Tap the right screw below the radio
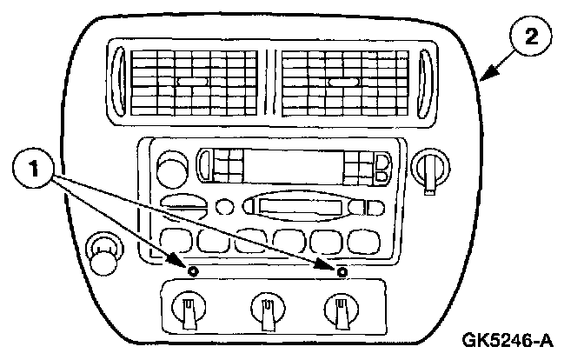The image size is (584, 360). [x=342, y=271]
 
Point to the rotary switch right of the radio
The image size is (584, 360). [x=430, y=165]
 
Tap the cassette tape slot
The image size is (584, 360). [x=299, y=206]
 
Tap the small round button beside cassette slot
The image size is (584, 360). [x=225, y=207]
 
